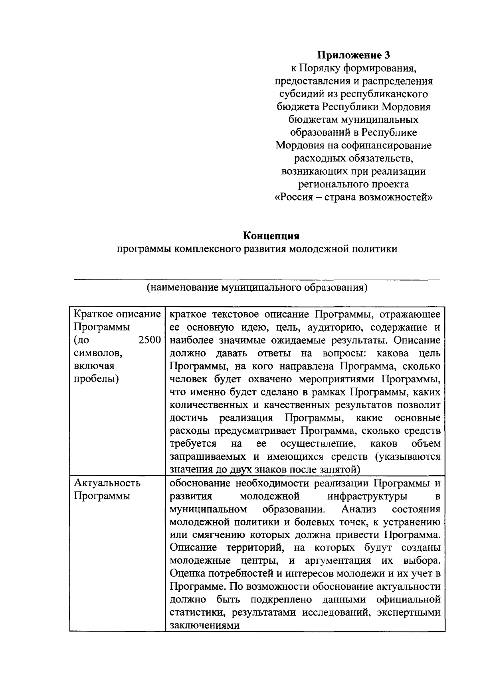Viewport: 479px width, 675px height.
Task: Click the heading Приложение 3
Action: click(x=353, y=55)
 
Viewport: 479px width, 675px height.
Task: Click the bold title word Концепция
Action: click(x=271, y=236)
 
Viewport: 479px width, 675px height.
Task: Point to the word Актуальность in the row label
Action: click(x=107, y=483)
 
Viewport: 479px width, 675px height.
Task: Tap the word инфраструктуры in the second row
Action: click(x=367, y=496)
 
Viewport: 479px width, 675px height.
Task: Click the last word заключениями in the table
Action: click(x=204, y=625)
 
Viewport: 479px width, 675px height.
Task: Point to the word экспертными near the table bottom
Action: click(x=411, y=612)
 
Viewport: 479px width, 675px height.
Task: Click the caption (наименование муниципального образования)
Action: click(x=256, y=287)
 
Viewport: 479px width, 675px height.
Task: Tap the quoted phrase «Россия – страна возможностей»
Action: click(x=354, y=197)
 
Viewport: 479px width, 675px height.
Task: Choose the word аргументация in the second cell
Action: click(x=335, y=561)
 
